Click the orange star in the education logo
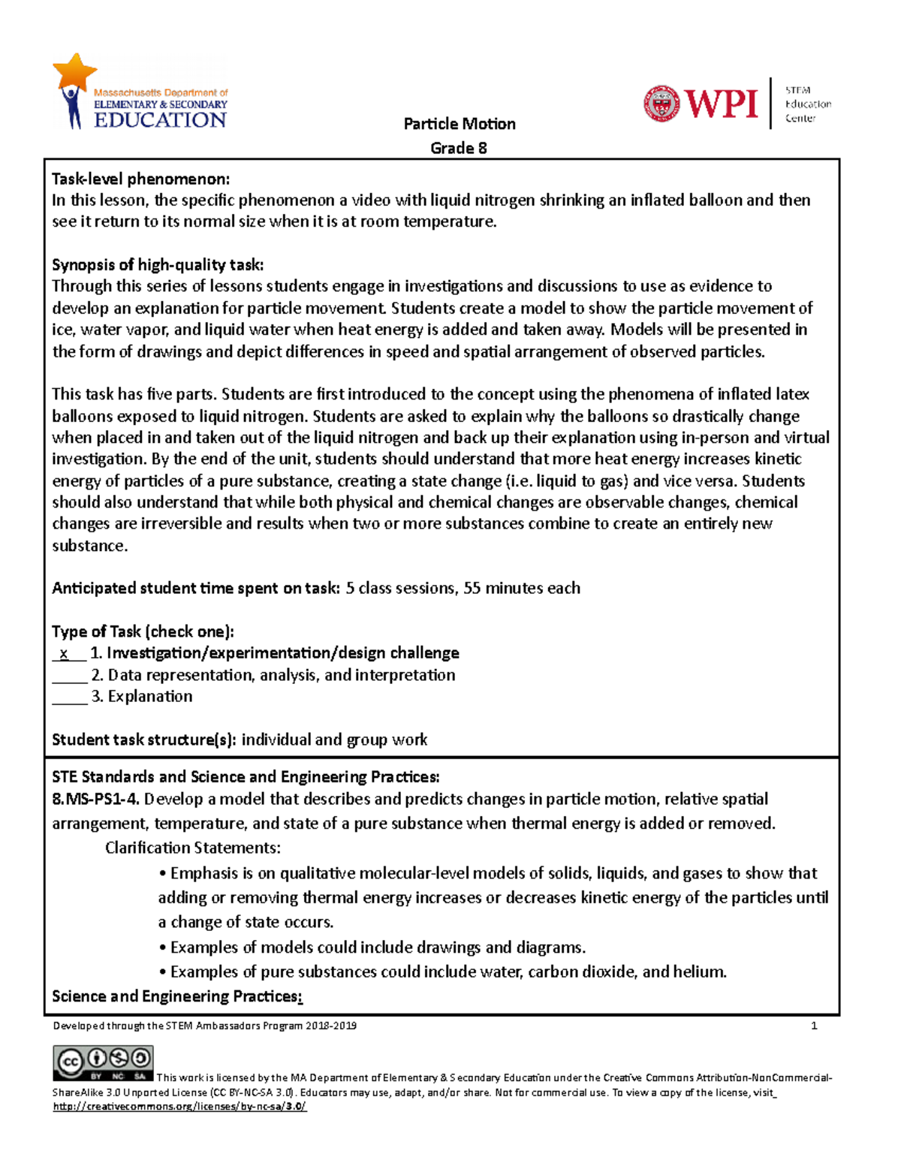(x=74, y=72)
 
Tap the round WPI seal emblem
(x=661, y=104)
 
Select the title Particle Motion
(x=459, y=124)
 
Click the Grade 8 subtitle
(x=458, y=148)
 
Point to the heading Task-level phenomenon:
(x=140, y=179)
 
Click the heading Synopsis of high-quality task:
(x=158, y=264)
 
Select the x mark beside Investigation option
(x=65, y=654)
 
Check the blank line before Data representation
(x=70, y=676)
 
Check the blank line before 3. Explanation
(x=70, y=697)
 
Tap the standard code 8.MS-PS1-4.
(x=96, y=799)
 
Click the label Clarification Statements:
(x=193, y=848)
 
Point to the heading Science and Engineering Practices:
(x=176, y=996)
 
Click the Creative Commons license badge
(x=103, y=1063)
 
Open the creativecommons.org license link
(x=179, y=1107)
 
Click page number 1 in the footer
(x=814, y=1026)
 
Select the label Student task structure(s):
(x=143, y=740)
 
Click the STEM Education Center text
(x=808, y=104)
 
